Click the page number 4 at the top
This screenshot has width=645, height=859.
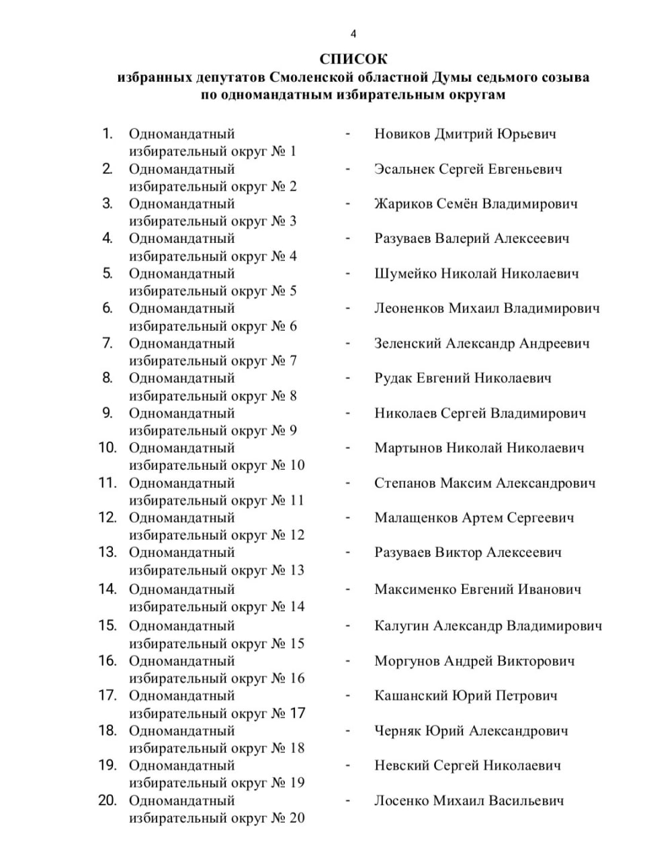353,34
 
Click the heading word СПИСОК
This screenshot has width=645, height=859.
353,59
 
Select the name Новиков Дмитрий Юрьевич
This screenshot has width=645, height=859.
465,134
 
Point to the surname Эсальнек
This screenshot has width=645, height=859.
404,169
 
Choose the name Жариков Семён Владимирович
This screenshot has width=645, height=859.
476,204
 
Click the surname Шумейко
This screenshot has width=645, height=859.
405,274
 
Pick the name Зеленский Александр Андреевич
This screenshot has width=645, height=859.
482,344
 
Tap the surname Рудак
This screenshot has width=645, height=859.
393,378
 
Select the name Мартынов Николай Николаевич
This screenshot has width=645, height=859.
479,448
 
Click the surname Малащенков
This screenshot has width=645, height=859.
416,518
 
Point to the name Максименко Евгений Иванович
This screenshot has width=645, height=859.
478,590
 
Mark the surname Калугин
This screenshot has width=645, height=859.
401,626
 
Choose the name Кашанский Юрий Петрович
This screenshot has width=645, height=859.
466,696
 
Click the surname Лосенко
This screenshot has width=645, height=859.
401,801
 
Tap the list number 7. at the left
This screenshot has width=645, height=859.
107,344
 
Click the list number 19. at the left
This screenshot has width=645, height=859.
107,765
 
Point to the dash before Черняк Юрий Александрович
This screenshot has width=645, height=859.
347,730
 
